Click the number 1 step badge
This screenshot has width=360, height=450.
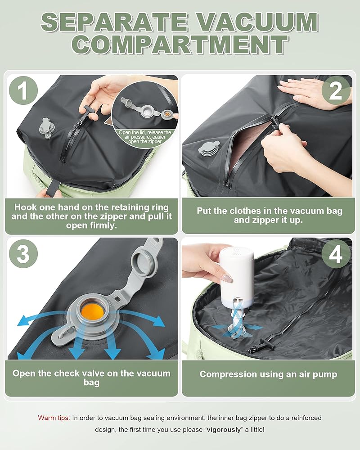(23, 90)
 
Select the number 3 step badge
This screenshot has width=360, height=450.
(23, 254)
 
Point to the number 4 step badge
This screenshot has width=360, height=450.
(336, 254)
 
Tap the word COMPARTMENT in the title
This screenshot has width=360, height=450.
(180, 45)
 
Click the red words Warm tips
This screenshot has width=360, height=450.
(54, 418)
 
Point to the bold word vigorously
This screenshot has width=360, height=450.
(224, 430)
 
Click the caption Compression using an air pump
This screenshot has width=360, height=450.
(268, 374)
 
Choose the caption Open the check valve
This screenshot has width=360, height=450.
(91, 378)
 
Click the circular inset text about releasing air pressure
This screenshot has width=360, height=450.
(145, 137)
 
